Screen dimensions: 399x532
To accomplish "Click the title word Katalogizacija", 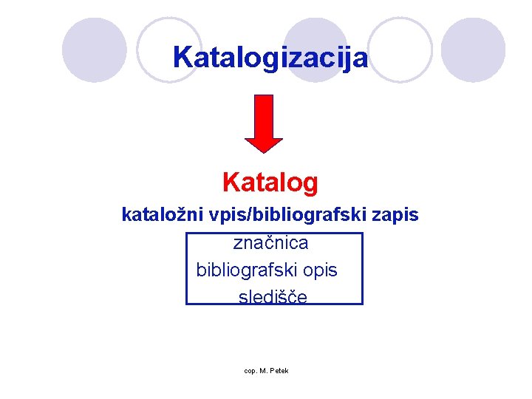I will click(270, 57).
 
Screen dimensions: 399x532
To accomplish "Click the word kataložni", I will click(153, 215).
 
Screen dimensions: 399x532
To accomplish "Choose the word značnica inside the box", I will click(271, 242).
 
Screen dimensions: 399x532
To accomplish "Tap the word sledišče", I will click(273, 297).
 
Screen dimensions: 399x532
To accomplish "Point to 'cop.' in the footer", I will click(250, 370).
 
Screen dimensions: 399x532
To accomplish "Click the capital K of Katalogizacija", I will click(182, 57).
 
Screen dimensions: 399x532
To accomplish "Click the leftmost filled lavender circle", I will click(94, 50).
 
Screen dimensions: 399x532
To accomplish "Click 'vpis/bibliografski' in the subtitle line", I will click(276, 215).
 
